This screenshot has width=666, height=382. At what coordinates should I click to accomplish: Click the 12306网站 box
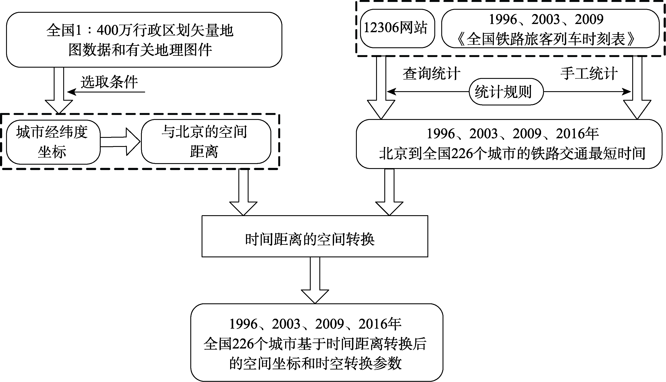[x=397, y=28]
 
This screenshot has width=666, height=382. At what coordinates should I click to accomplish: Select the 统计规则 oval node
[x=506, y=92]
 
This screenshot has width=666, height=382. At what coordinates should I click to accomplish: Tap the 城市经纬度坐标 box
[x=53, y=142]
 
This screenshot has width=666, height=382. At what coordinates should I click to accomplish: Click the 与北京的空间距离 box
[x=206, y=142]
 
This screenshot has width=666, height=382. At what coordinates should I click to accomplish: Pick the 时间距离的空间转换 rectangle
[x=315, y=236]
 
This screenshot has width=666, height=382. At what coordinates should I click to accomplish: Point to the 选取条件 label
[x=109, y=82]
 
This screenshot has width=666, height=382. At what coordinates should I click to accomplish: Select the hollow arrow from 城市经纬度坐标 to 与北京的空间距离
[x=120, y=142]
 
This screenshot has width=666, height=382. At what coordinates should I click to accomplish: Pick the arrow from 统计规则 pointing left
[x=428, y=92]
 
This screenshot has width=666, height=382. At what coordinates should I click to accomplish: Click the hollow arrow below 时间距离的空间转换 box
[x=315, y=280]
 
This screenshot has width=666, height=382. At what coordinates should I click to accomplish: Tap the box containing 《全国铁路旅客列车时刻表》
[x=550, y=28]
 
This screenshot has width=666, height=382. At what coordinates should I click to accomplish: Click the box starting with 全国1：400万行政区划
[x=144, y=40]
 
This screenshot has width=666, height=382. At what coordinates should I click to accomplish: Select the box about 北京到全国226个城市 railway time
[x=509, y=144]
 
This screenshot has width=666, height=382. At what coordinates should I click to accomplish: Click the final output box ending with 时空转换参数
[x=317, y=342]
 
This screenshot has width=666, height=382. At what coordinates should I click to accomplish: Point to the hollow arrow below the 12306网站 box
[x=381, y=88]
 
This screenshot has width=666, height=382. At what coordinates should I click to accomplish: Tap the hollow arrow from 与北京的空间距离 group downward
[x=243, y=192]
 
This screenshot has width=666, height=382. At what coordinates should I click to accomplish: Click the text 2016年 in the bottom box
[x=380, y=324]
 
